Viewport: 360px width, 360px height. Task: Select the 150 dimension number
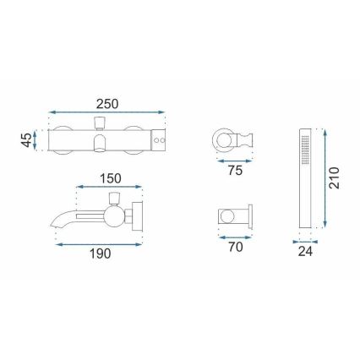point(109,180)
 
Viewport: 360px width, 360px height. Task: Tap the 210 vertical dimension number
point(335,178)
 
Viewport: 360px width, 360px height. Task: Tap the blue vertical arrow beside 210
point(324,178)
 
